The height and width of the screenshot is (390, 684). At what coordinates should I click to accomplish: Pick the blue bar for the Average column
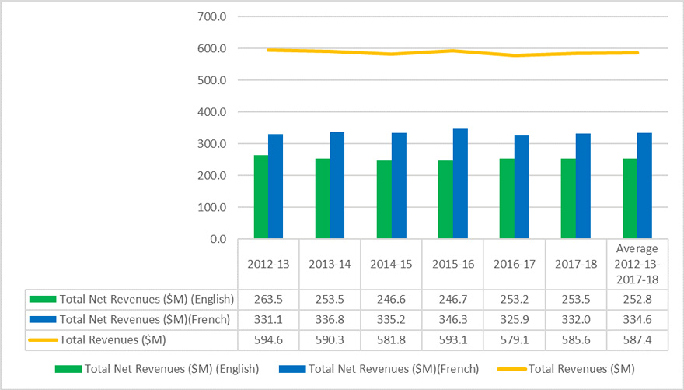pyautogui.click(x=644, y=186)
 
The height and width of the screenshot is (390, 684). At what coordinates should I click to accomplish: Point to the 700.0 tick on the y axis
pyautogui.click(x=212, y=17)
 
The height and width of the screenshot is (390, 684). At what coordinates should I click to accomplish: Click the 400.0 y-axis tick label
pyautogui.click(x=212, y=112)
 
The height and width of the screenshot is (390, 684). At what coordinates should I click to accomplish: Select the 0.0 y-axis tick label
pyautogui.click(x=218, y=239)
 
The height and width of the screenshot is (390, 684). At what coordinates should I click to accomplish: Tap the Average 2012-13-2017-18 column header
pyautogui.click(x=637, y=264)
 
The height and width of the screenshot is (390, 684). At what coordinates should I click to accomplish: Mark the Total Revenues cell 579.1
pyautogui.click(x=513, y=339)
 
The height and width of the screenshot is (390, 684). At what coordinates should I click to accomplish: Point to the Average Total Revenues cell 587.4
pyautogui.click(x=637, y=339)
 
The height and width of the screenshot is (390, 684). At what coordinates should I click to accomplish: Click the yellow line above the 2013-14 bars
pyautogui.click(x=330, y=51)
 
